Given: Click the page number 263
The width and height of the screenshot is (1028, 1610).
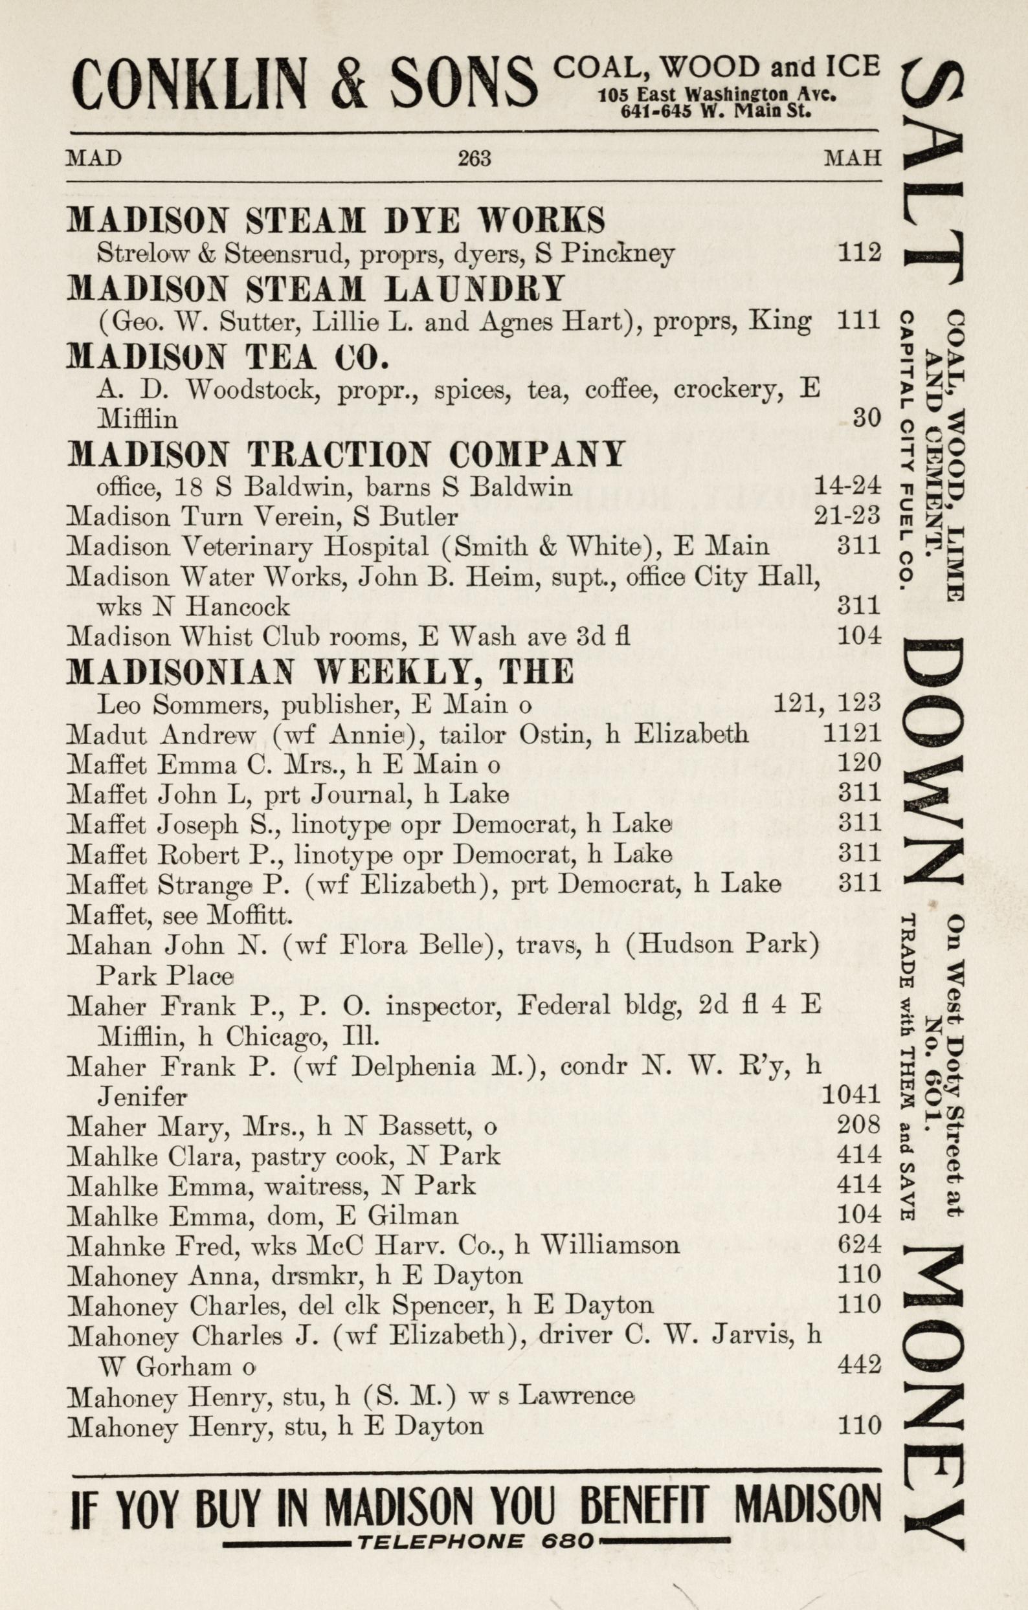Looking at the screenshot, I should [475, 159].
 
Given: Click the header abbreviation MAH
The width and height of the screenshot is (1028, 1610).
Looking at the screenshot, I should [852, 159].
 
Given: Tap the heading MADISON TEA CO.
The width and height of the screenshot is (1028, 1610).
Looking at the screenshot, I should [228, 357].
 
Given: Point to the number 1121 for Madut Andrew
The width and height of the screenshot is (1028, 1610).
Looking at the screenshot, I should [851, 733].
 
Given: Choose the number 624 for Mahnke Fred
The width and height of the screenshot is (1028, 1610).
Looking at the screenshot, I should [859, 1244].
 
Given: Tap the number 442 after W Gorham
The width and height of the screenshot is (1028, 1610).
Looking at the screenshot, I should [859, 1364].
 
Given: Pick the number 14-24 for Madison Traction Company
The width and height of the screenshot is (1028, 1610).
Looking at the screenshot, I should [847, 486].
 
